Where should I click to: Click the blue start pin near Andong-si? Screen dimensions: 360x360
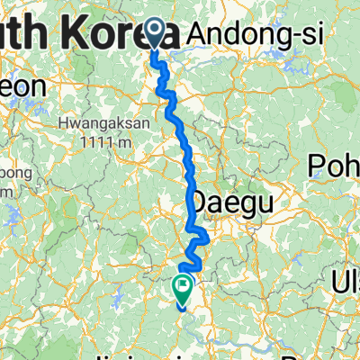pos(155,33)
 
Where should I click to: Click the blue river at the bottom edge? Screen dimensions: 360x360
pos(270,348)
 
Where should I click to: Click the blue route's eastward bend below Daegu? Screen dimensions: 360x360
pos(205,237)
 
